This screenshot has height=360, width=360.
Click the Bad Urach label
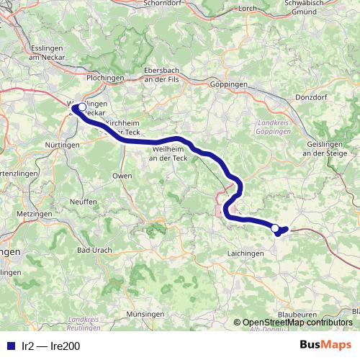(93, 250)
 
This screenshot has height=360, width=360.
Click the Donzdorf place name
(310, 96)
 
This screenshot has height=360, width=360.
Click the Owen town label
(122, 176)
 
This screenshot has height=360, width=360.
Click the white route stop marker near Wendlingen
(81, 108)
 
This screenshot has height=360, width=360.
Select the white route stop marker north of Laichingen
(275, 228)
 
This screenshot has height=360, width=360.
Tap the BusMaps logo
(325, 345)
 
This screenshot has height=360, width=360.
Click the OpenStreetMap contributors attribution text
(297, 323)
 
